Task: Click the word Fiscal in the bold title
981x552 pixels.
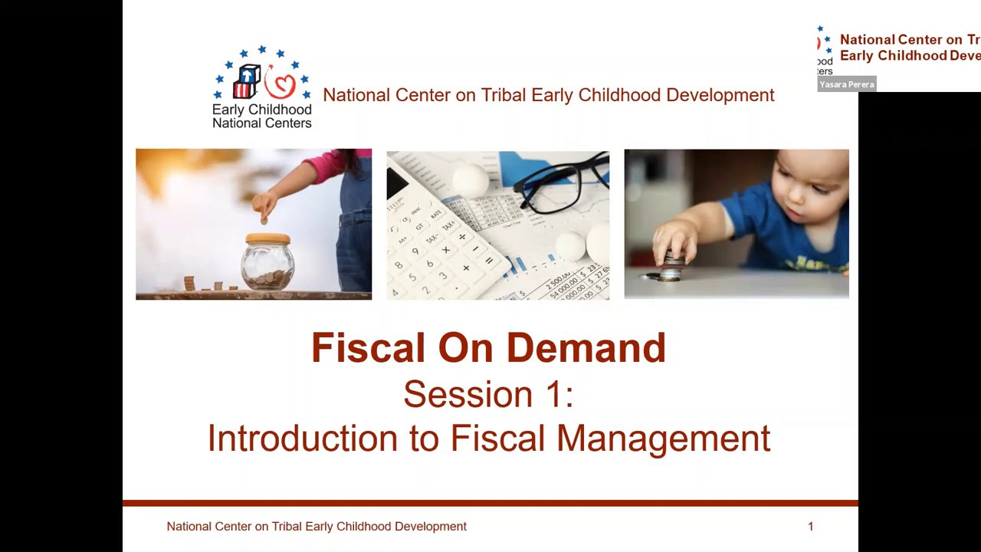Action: (368, 348)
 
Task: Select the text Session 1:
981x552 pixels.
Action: (488, 394)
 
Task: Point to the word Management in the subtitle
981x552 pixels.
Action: (663, 439)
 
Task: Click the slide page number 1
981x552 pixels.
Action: (810, 527)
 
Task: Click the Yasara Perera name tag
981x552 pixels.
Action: (846, 84)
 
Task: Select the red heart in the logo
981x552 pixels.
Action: (281, 85)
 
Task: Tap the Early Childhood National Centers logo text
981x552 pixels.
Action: (262, 116)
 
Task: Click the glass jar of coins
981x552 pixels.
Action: (267, 265)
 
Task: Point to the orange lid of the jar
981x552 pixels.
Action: (267, 238)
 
